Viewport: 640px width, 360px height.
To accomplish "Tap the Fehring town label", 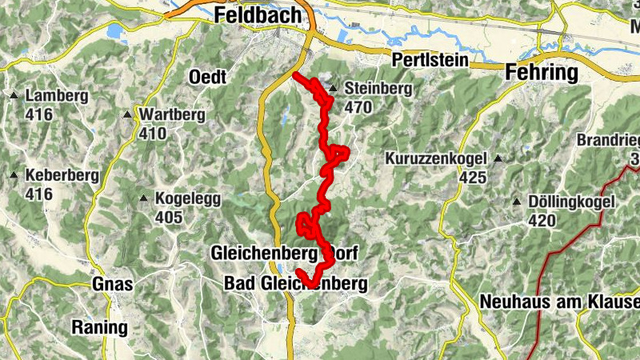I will click(x=542, y=74).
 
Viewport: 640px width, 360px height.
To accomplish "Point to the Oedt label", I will click(x=208, y=77).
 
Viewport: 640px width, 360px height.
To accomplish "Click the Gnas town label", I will click(x=111, y=285).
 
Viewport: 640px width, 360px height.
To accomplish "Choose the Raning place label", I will click(x=99, y=326).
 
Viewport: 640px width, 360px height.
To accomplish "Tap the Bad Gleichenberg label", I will click(x=295, y=283).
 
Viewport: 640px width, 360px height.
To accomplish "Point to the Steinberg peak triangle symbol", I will click(x=333, y=88).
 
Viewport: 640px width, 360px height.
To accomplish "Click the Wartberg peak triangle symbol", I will click(x=127, y=114).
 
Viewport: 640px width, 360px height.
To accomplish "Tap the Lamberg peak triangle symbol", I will click(x=14, y=97).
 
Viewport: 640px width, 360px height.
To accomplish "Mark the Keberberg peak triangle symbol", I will click(x=14, y=174).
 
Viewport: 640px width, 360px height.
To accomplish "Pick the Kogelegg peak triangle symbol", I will click(x=143, y=198).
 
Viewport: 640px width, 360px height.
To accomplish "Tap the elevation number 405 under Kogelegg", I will click(x=169, y=217).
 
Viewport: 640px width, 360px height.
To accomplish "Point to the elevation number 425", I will click(x=473, y=177).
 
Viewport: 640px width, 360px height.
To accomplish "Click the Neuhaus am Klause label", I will click(x=560, y=302).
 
